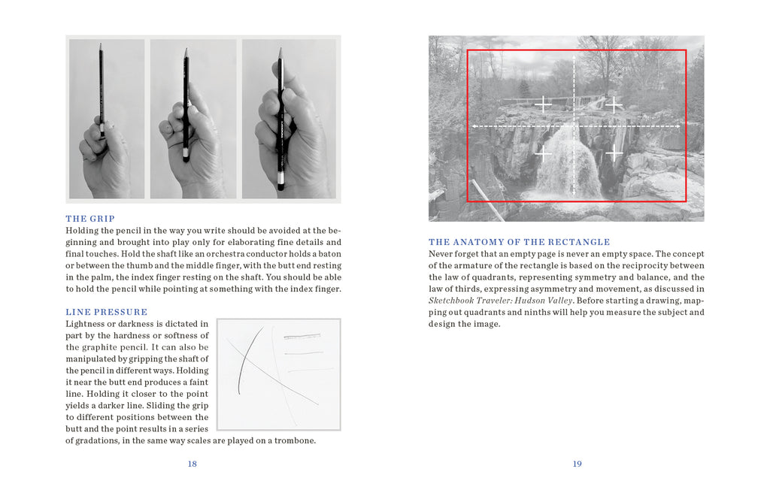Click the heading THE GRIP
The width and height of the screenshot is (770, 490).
tap(90, 219)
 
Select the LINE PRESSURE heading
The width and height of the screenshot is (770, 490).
tap(106, 312)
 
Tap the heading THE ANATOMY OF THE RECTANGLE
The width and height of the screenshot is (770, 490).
tap(519, 242)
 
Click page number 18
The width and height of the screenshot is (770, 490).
tap(192, 464)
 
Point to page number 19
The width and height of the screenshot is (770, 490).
tap(577, 464)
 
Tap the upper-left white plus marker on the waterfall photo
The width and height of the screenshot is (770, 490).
tap(544, 104)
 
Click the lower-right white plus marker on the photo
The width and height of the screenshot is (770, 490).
tap(615, 154)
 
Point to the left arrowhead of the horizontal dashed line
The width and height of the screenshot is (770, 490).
tap(474, 126)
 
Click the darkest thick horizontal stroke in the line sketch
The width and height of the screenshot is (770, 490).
tap(306, 337)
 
